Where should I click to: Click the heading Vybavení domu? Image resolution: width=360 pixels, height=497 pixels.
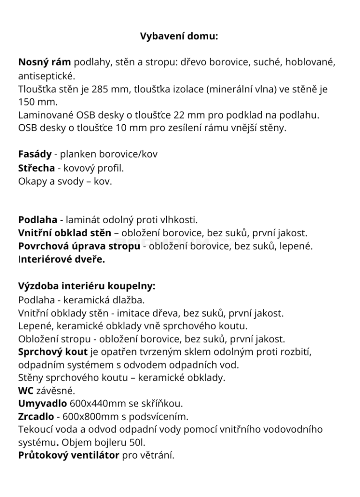coord(179,36)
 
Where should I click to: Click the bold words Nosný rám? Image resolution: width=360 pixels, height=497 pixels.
coord(45,62)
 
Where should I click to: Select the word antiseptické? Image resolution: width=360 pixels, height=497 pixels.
coord(46,76)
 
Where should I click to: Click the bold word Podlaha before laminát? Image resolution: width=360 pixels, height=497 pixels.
coord(37,219)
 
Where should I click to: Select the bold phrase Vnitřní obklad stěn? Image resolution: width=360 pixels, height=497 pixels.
coord(65,233)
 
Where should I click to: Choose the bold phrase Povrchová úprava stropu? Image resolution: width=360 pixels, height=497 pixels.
coord(79,246)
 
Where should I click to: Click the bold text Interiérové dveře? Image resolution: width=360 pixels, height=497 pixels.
coord(61,259)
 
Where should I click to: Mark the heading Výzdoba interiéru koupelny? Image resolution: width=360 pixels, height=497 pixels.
coord(87,286)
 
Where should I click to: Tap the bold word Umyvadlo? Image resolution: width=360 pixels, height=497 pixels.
coord(42,403)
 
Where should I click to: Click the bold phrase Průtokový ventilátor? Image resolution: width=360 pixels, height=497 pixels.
coord(68,455)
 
